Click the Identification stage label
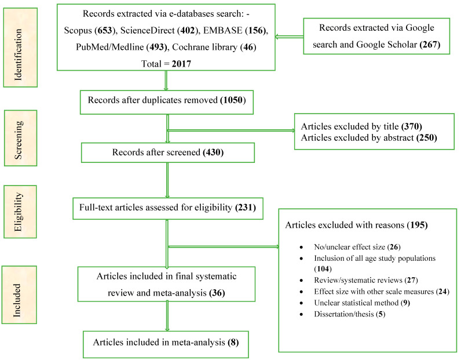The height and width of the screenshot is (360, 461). pos(18,54)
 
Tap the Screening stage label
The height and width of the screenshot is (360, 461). pos(18,140)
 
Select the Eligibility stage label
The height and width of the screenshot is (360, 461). pos(18,212)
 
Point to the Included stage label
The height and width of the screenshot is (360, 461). pos(17,300)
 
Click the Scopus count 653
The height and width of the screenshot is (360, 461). pos(105,30)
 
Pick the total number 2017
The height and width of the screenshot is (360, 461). pos(181,64)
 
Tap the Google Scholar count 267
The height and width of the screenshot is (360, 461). pos(430,45)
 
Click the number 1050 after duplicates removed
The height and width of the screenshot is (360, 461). pos(233,100)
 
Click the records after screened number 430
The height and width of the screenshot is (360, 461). pos(213,152)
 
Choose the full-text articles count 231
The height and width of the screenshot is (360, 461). pos(246,207)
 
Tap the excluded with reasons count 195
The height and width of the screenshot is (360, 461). pos(417,225)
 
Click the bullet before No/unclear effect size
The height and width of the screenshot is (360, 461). pos(301,248)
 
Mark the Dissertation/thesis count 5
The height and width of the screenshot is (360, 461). pos(380,314)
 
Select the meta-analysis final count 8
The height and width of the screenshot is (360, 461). pos(233,342)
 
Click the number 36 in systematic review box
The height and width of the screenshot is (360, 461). pos(217,293)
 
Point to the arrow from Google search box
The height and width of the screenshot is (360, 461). pos(290,37)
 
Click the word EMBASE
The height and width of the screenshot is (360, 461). pos(222,30)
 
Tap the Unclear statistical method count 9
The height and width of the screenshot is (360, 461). pos(405,303)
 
